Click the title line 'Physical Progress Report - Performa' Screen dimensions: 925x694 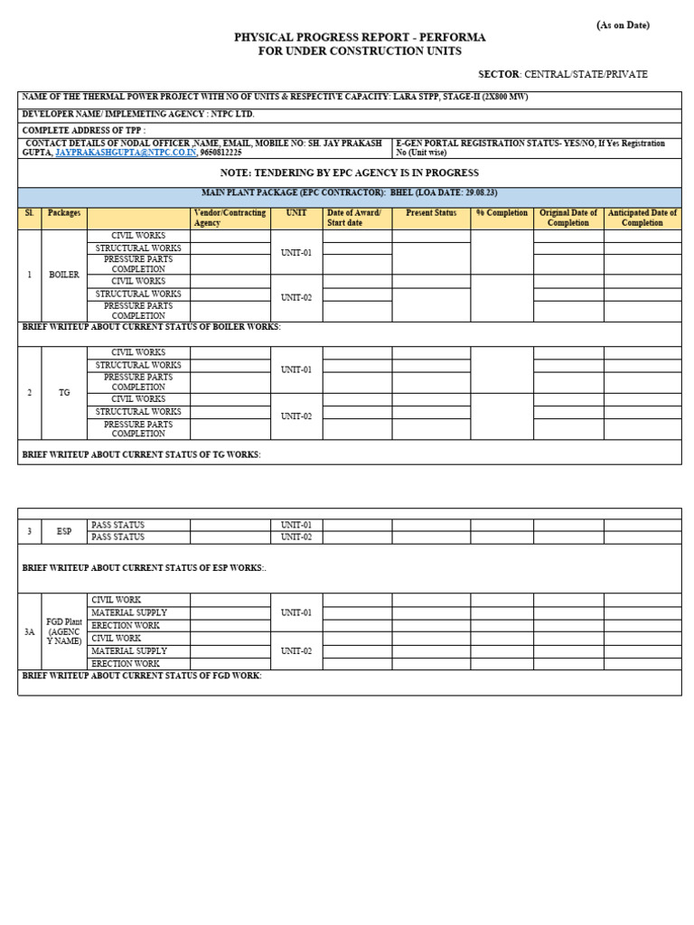[360, 37]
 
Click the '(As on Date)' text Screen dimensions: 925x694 [623, 25]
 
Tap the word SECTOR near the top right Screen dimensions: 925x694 [499, 74]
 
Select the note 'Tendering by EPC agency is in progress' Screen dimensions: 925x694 [350, 173]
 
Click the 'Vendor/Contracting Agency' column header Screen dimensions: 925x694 [230, 218]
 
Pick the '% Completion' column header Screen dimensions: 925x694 [502, 213]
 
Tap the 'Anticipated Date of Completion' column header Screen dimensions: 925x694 [642, 218]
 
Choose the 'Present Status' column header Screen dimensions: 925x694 [431, 213]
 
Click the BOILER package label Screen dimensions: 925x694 [64, 275]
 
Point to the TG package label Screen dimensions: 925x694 [64, 393]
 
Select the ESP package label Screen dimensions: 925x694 [64, 531]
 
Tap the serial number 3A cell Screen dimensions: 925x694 [29, 631]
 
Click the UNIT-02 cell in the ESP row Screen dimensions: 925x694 [295, 537]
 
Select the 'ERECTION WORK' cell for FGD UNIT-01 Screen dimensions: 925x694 [126, 625]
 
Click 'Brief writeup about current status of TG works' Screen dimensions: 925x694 [141, 454]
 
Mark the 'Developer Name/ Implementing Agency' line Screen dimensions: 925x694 [138, 115]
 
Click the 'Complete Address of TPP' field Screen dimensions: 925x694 [83, 130]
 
